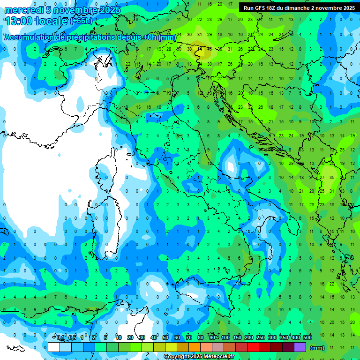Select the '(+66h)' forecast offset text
(82, 21)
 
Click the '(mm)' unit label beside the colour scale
(317, 348)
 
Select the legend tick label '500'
(307, 337)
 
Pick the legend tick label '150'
(237, 337)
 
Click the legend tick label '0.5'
(72, 337)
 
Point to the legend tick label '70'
(189, 337)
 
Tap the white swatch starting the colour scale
(54, 347)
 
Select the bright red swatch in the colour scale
(253, 347)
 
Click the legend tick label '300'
(272, 337)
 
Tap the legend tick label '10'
(119, 337)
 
